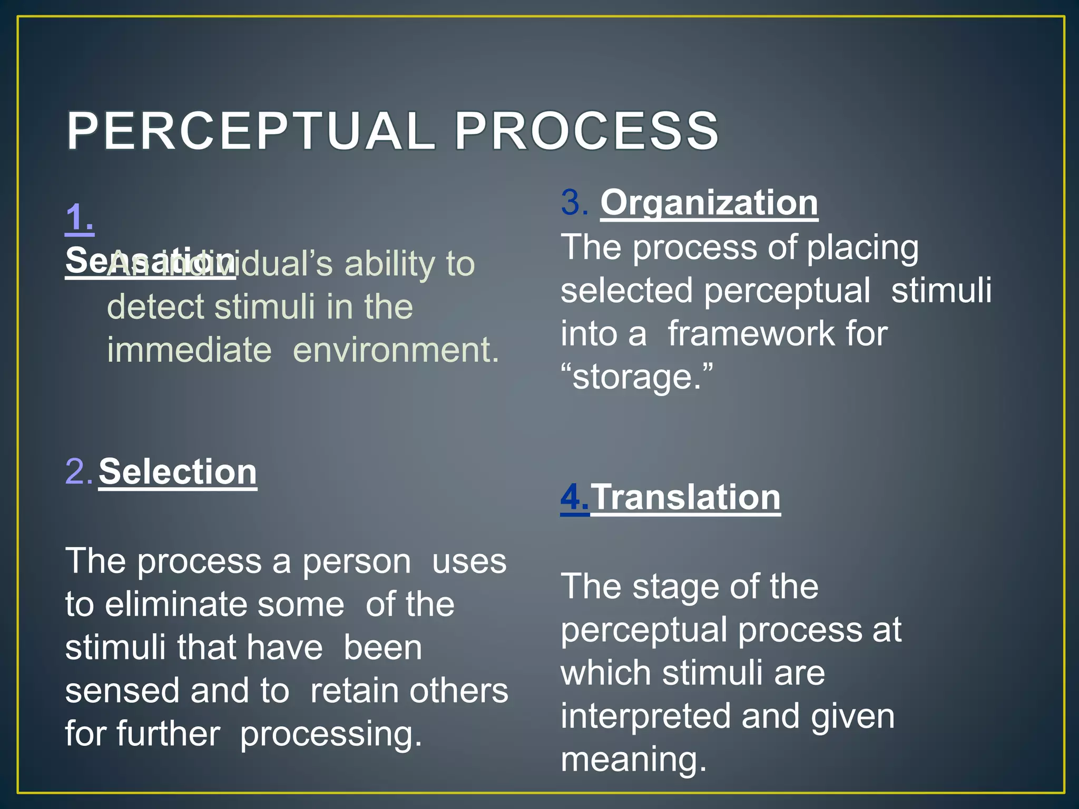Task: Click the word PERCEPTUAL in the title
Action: pos(250,131)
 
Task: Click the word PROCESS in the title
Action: pos(586,131)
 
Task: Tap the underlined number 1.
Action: pos(80,218)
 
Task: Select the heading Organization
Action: pos(709,203)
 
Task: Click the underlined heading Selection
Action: pos(178,471)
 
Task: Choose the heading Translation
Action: pos(685,497)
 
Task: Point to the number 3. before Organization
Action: pos(574,203)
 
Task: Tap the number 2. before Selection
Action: pos(79,471)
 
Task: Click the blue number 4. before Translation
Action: pos(574,497)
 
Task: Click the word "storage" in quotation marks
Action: pos(637,377)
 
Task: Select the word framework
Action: pos(751,334)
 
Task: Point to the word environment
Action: pos(395,350)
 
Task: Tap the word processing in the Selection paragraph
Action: pos(331,734)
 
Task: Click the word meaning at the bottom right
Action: pos(633,759)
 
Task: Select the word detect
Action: pos(155,307)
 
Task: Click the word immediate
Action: pos(189,350)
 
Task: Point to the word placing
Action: pos(862,248)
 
